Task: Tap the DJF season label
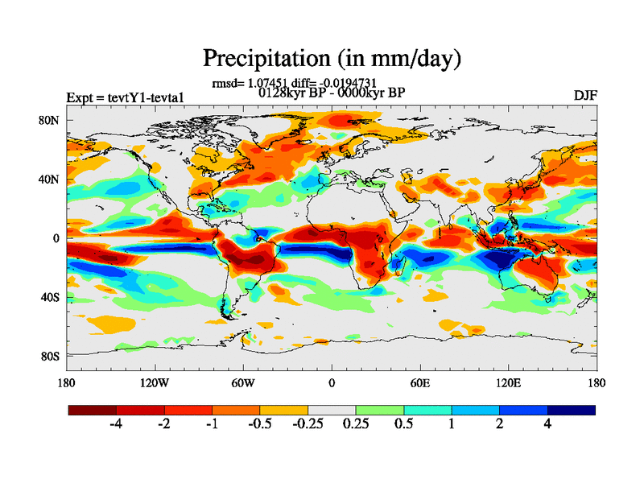tap(584, 96)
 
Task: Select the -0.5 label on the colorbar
tap(259, 425)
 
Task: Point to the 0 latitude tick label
tap(57, 238)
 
